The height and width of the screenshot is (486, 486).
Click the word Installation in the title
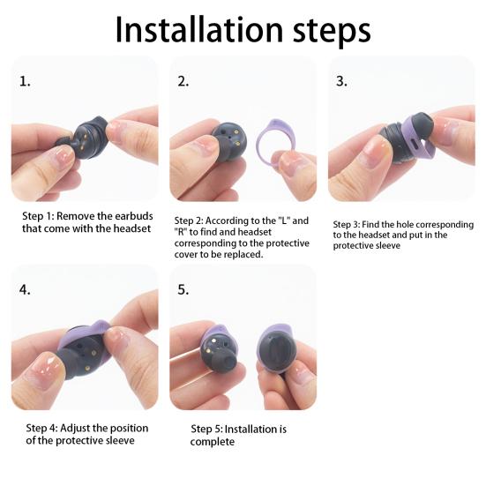pos(199,29)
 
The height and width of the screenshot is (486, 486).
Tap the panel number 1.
pos(25,81)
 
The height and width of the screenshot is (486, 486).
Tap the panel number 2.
pos(183,81)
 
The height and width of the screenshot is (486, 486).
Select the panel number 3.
pos(341,81)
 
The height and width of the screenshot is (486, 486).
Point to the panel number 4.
pos(25,290)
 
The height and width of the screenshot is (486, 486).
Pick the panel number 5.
pos(183,290)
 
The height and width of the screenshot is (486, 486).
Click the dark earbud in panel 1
pos(84,138)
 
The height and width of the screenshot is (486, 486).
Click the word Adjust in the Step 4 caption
pos(75,429)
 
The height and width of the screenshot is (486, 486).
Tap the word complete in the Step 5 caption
pos(213,442)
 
